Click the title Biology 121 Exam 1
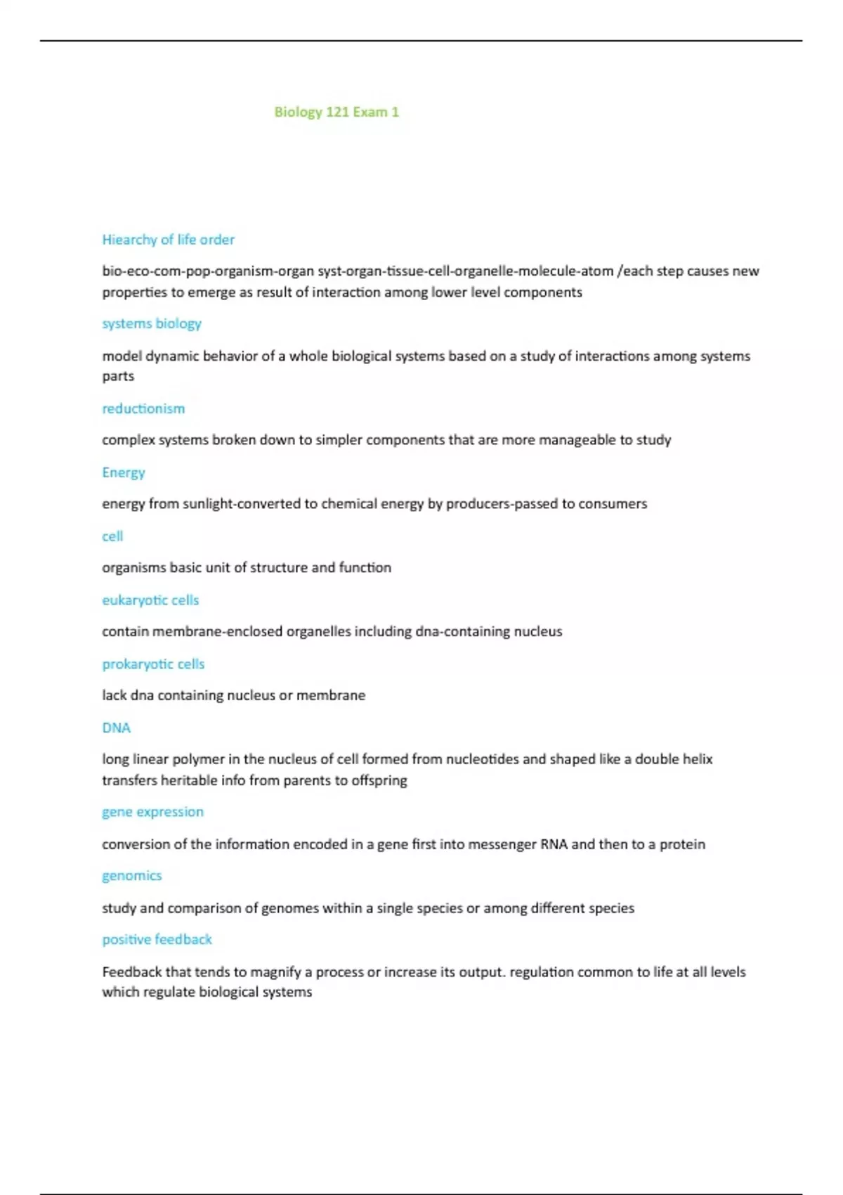pyautogui.click(x=336, y=112)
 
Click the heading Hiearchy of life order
pyautogui.click(x=169, y=240)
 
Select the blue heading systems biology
pyautogui.click(x=152, y=323)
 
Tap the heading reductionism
pyautogui.click(x=143, y=408)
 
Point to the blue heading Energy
pyautogui.click(x=124, y=472)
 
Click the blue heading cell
pyautogui.click(x=112, y=536)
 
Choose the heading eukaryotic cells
pyautogui.click(x=150, y=600)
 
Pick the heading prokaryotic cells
pyautogui.click(x=153, y=664)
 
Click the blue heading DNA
pyautogui.click(x=117, y=728)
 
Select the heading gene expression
pyautogui.click(x=152, y=812)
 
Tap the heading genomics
pyautogui.click(x=132, y=876)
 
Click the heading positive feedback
pyautogui.click(x=157, y=939)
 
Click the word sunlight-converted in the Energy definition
pyautogui.click(x=242, y=504)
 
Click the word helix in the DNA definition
pyautogui.click(x=698, y=759)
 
